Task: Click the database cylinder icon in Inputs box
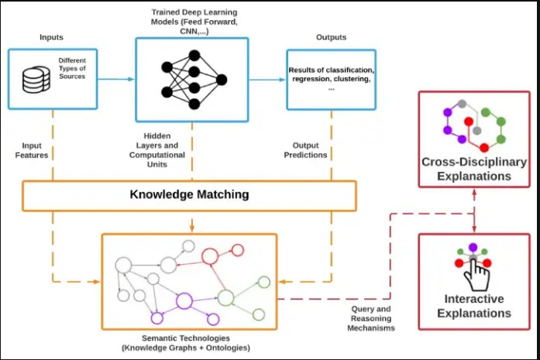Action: [x=36, y=80]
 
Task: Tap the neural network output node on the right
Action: [x=222, y=80]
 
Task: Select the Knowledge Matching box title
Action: [x=189, y=194]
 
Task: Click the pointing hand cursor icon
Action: [x=476, y=276]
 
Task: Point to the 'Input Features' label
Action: [x=32, y=150]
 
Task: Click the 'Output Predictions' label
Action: [x=305, y=150]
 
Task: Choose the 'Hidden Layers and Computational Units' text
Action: [x=157, y=150]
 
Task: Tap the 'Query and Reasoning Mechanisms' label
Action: [x=371, y=318]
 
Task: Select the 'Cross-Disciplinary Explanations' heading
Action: [x=474, y=169]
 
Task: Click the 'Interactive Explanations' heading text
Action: [x=474, y=306]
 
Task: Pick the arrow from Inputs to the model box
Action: [x=116, y=79]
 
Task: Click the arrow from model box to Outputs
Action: [x=267, y=80]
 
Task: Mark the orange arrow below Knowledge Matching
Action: [x=192, y=221]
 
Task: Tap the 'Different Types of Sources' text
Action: [x=72, y=68]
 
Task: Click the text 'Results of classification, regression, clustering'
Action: [x=332, y=74]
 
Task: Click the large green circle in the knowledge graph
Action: [x=226, y=298]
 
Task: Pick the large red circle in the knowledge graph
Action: [x=210, y=256]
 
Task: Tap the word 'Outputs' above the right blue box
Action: [x=332, y=37]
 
